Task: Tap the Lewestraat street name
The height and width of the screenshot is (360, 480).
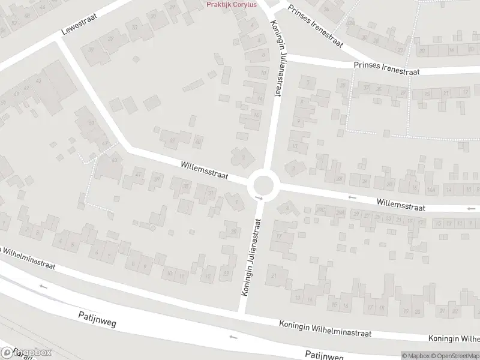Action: point(80,25)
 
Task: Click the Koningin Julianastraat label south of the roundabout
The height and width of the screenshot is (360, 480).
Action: point(253,256)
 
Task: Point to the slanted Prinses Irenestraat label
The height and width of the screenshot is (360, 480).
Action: point(314,27)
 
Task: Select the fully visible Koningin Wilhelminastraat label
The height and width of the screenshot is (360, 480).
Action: point(326,328)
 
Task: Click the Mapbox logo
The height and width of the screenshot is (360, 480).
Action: point(26,353)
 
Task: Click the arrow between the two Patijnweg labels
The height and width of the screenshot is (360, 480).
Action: point(233,337)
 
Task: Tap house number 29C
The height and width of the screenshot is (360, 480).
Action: point(322,210)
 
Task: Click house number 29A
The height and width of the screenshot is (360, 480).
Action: point(340,212)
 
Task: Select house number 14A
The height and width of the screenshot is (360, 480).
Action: point(430,190)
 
